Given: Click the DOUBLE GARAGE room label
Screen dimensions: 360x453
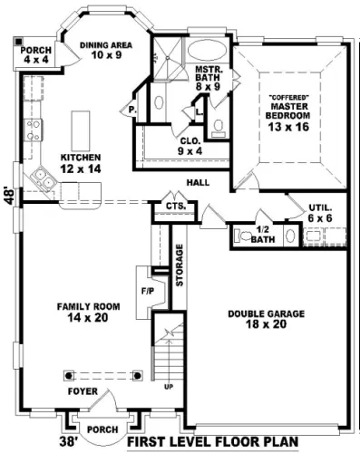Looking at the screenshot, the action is [266, 313].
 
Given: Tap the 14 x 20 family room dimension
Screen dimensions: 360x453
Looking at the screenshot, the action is [88, 317].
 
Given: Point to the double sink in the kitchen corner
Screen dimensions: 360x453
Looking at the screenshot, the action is [44, 178].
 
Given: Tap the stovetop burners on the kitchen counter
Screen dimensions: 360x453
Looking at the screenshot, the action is [34, 130].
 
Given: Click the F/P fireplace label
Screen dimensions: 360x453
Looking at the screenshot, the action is [148, 292].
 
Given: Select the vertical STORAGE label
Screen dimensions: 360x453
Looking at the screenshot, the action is [180, 265].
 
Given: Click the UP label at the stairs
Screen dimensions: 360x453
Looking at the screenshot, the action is [169, 387].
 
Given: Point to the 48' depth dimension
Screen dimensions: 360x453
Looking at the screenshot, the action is [10, 197].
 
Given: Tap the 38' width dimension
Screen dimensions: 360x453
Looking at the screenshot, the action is [68, 442].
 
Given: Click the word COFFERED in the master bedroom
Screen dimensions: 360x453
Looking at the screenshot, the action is [288, 98].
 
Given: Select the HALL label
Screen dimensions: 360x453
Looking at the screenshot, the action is [198, 182].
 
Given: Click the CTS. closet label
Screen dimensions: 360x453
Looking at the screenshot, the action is [176, 207].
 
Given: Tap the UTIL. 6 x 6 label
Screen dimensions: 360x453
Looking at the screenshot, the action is [320, 213].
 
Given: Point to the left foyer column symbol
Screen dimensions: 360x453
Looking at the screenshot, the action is [69, 376].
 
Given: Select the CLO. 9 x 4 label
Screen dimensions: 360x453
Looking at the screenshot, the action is [190, 146].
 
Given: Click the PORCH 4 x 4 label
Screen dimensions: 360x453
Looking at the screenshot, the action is [36, 54].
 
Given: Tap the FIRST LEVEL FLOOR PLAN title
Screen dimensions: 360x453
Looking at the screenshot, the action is [212, 442].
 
